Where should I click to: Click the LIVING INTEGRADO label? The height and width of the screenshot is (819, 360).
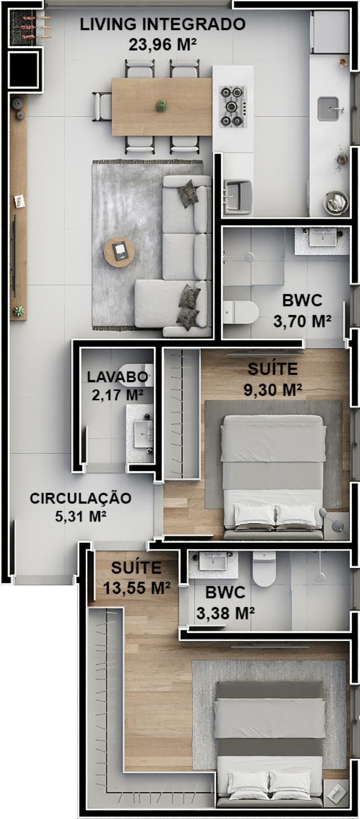163,24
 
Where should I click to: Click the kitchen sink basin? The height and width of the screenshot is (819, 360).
330,109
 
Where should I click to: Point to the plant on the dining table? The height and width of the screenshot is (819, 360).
161,106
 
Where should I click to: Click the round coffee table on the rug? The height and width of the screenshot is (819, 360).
119,252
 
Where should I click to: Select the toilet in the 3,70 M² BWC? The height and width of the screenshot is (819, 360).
241,313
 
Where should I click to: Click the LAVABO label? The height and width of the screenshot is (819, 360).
118,377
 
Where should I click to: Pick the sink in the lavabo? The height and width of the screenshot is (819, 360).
143,434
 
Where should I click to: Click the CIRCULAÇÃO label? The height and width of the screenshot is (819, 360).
81,498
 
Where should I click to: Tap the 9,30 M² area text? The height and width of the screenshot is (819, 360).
273,389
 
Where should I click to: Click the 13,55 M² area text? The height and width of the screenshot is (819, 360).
137,588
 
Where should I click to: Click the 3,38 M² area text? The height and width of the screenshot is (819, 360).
226,613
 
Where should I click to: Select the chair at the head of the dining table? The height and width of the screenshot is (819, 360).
102,106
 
